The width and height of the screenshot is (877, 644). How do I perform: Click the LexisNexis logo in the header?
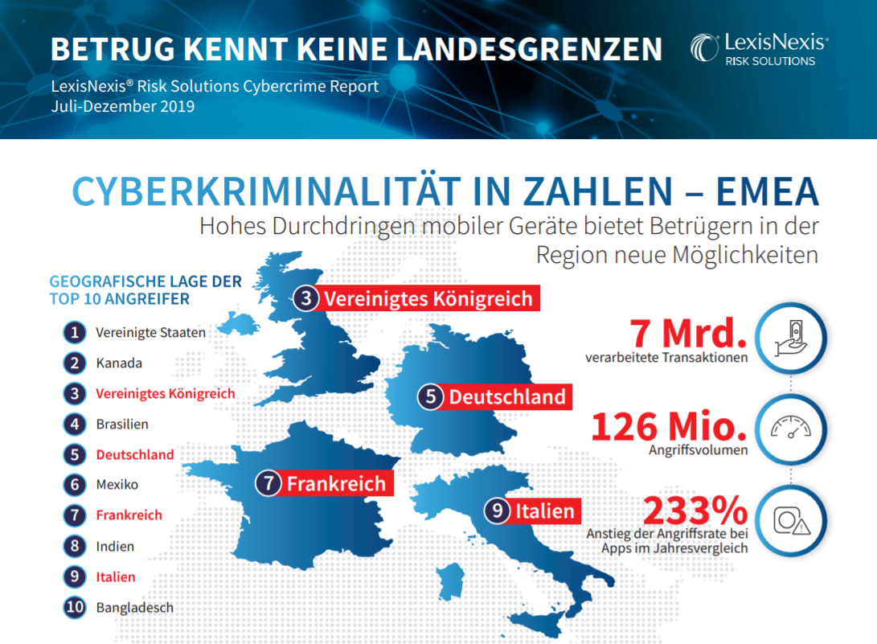tap(758, 50)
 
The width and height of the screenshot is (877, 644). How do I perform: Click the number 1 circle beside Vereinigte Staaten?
tap(75, 332)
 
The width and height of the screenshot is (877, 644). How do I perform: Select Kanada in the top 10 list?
tap(119, 363)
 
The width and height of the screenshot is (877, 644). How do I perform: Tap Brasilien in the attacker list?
tap(122, 424)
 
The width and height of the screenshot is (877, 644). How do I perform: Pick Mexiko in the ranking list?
tap(117, 485)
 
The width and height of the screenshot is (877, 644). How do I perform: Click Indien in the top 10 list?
tap(115, 546)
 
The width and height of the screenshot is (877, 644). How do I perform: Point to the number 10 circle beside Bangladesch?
tap(75, 607)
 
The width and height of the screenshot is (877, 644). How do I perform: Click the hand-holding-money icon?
tap(790, 338)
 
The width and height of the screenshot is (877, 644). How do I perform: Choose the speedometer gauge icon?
tap(791, 429)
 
